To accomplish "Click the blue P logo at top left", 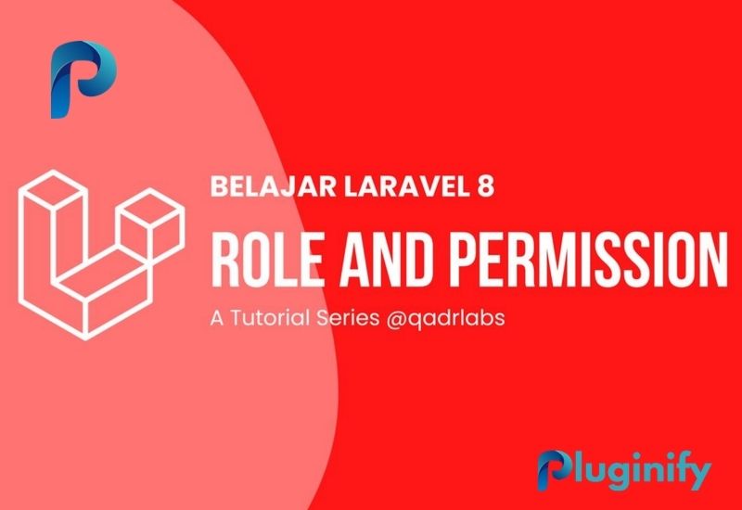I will coord(83,80).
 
